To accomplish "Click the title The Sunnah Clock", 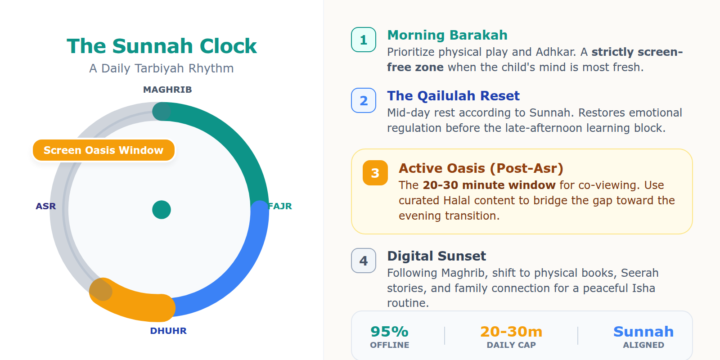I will [x=162, y=46].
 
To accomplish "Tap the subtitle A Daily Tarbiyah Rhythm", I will [x=162, y=68].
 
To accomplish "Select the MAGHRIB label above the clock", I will [x=167, y=90].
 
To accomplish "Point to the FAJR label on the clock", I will [x=280, y=206].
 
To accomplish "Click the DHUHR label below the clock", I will [x=168, y=331].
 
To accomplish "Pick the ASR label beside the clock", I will [x=46, y=206].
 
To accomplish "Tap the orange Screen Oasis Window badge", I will [x=103, y=150].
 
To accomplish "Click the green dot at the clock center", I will [x=162, y=210].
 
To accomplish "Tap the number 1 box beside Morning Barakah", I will [x=364, y=40].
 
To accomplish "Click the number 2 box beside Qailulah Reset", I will [x=364, y=100].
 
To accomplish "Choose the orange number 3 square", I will [x=375, y=173].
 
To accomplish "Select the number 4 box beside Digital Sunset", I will [x=364, y=261].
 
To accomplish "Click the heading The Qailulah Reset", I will [x=453, y=96].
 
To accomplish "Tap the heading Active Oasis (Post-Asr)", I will [x=481, y=168].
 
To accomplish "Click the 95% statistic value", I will [x=389, y=332].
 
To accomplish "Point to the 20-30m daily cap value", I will [x=511, y=332].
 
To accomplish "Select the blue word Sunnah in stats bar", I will [x=643, y=332].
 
